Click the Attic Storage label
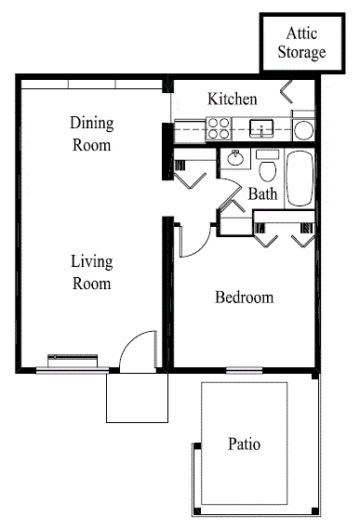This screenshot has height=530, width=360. pos(302,43)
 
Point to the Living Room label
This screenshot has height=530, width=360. pos(91,272)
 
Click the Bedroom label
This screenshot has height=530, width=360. pos(245,298)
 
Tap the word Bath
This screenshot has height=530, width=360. pos(262,194)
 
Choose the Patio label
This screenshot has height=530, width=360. pos(245,444)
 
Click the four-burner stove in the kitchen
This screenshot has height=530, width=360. pos(220,127)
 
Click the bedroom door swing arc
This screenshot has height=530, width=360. pos(191,241)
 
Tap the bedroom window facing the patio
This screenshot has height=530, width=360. pos(244,370)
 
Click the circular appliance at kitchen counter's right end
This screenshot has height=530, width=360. pos(304,128)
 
